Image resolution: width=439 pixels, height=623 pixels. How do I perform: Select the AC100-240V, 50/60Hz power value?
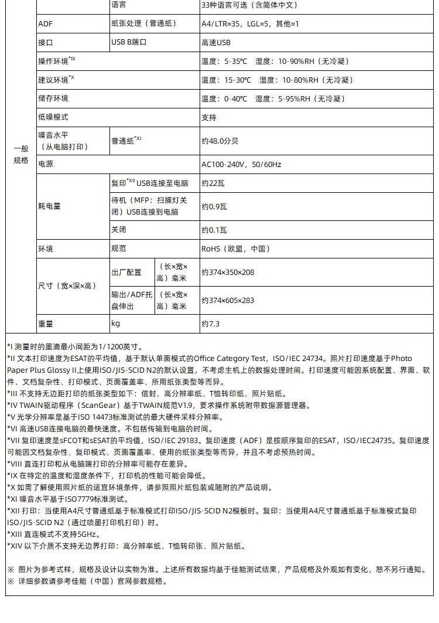click(241, 165)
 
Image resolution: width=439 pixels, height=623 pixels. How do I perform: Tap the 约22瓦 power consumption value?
click(213, 183)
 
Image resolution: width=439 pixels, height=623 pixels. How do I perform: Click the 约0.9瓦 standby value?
click(214, 206)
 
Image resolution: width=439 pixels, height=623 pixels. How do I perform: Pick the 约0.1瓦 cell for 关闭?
click(214, 230)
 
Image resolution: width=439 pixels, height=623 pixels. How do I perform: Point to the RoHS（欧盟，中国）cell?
click(236, 249)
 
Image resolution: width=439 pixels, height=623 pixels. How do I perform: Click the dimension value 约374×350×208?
click(228, 273)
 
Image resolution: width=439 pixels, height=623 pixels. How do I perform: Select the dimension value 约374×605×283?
click(228, 301)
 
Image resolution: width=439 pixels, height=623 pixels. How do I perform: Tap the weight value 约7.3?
click(212, 324)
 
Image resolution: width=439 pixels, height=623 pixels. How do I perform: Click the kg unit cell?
click(115, 324)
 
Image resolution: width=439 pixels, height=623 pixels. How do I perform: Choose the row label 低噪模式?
click(53, 117)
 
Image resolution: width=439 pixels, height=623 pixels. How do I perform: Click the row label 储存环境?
click(53, 98)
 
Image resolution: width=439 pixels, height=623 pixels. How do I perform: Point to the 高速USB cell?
click(216, 43)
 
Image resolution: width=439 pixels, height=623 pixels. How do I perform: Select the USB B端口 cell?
click(129, 43)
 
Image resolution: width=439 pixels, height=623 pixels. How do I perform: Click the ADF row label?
click(45, 24)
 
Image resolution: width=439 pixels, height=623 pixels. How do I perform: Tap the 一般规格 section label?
click(21, 155)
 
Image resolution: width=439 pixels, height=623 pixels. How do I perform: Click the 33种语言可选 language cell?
click(249, 5)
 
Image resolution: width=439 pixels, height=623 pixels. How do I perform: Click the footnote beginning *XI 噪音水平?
click(67, 499)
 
